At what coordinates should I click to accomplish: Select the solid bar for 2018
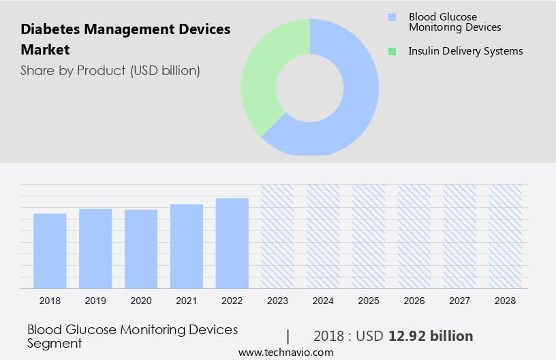[x=50, y=251]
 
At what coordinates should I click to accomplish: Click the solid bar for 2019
[x=95, y=248]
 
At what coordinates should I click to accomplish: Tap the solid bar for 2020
[x=141, y=249]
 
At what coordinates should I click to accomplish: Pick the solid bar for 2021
[x=187, y=246]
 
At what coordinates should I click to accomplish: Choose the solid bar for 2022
[x=232, y=243]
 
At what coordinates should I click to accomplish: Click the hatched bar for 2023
[x=278, y=236]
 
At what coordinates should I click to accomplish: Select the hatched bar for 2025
[x=369, y=236]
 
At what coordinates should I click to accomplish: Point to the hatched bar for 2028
[x=505, y=236]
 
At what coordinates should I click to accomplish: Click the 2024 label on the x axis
[x=323, y=300]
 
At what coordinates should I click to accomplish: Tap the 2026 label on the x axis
[x=414, y=300]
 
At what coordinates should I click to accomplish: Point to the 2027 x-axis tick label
[x=460, y=300]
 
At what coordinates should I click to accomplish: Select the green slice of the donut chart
[x=262, y=75]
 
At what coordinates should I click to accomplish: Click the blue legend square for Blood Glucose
[x=391, y=17]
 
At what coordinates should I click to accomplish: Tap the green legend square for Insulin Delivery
[x=391, y=51]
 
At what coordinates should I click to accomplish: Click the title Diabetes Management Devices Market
[x=125, y=40]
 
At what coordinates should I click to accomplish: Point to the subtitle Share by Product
[x=110, y=70]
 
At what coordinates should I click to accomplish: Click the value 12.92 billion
[x=431, y=336]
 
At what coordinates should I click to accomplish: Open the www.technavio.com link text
[x=285, y=352]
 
